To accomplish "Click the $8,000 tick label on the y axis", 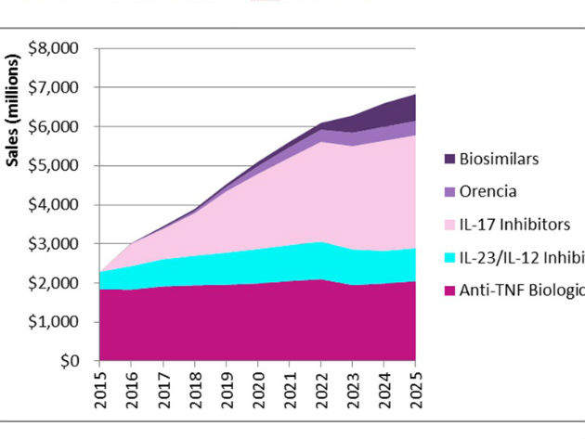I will pyautogui.click(x=55, y=48).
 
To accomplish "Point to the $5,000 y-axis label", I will pyautogui.click(x=55, y=166).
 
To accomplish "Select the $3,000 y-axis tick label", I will pyautogui.click(x=55, y=244).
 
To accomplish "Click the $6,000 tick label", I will pyautogui.click(x=55, y=127).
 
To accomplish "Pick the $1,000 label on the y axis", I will pyautogui.click(x=55, y=322).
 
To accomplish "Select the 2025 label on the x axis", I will pyautogui.click(x=414, y=388).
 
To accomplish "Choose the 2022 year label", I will pyautogui.click(x=320, y=388).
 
